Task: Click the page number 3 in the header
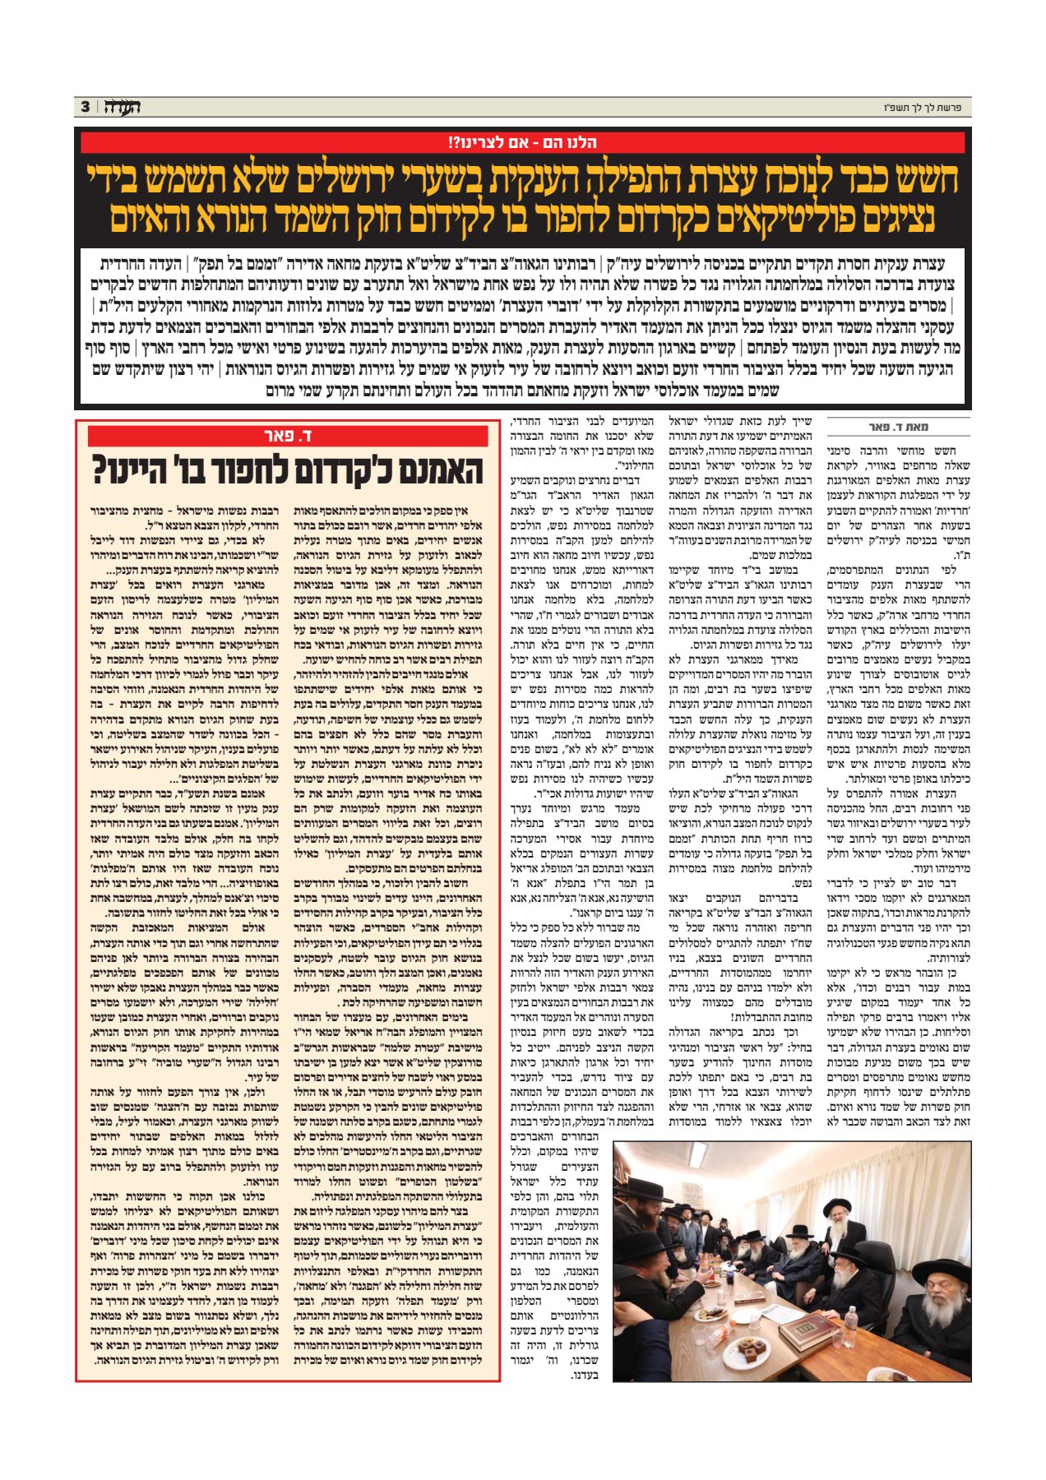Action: tap(85, 107)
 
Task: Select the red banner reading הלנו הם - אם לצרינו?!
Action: tap(522, 142)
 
